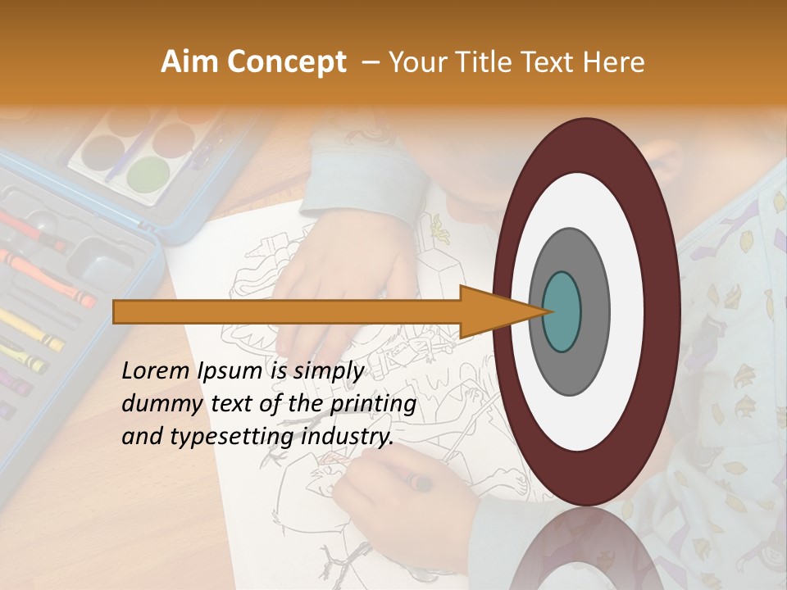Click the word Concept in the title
tap(286, 63)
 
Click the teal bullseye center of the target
tap(562, 311)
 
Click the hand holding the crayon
tap(393, 492)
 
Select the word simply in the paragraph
tap(328, 371)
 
